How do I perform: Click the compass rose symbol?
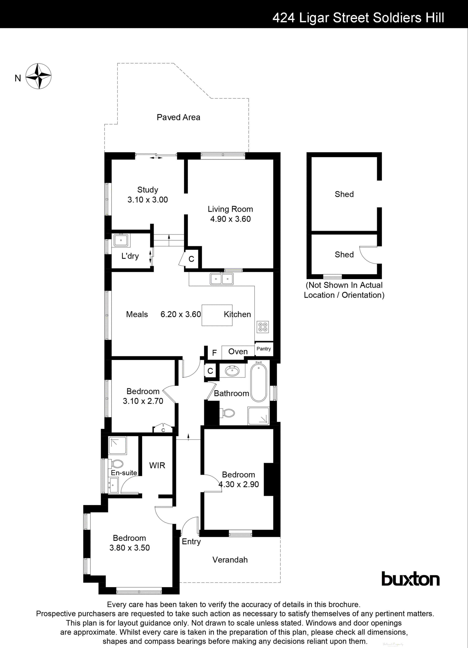point(39,76)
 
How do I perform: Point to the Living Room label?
point(230,209)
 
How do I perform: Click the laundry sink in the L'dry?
point(121,240)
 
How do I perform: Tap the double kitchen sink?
point(222,279)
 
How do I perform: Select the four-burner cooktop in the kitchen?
point(263,327)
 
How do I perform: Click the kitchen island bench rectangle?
point(217,315)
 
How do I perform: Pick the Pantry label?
point(263,348)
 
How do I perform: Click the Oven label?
point(238,351)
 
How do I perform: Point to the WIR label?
point(157,465)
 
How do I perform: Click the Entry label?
point(191,542)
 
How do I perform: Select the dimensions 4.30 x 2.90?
point(239,484)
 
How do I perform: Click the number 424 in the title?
point(283,18)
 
